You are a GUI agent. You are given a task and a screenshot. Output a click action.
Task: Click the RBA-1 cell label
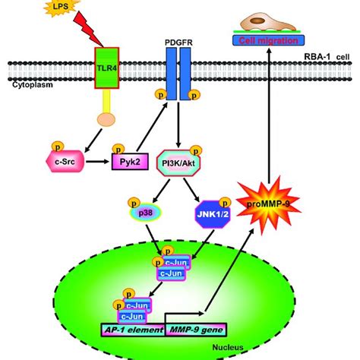point(329,54)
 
